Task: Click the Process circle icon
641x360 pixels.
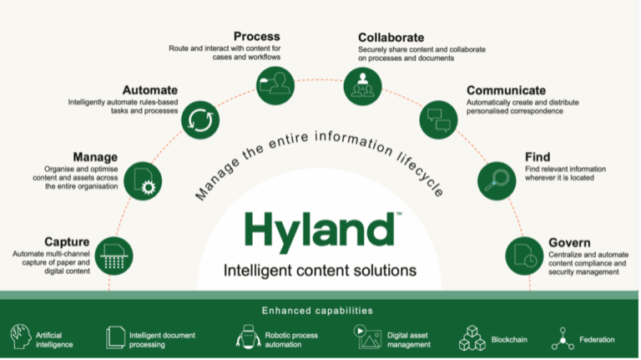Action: pos(276,84)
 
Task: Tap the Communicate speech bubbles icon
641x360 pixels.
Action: pos(438,119)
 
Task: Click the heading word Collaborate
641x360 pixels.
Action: pos(391,38)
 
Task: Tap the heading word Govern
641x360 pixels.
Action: pos(569,243)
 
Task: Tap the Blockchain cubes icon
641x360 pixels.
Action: pos(472,338)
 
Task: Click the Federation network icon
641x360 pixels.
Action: pos(563,338)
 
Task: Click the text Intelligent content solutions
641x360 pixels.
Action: pos(320,271)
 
